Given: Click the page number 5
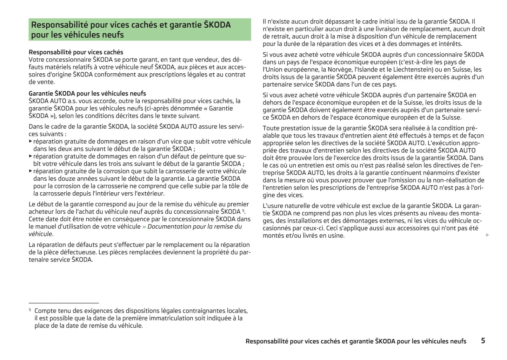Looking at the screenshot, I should [x=483, y=340].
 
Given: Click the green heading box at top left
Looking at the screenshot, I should [x=140, y=30].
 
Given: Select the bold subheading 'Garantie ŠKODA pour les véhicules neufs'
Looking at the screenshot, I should [x=87, y=93].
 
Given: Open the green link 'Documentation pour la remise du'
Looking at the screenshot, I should [x=194, y=226].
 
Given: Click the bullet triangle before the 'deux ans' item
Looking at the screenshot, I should [x=31, y=141].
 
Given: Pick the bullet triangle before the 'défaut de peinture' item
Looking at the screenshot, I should [x=31, y=156].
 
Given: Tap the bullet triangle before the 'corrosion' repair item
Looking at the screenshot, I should [x=31, y=171].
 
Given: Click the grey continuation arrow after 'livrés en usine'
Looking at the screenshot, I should [x=487, y=235].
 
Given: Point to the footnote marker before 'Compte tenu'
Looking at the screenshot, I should [x=30, y=310].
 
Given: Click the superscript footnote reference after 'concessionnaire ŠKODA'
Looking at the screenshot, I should [x=243, y=211].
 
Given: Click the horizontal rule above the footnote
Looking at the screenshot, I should [x=64, y=303].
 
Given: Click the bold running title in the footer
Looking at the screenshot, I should [x=356, y=341].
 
